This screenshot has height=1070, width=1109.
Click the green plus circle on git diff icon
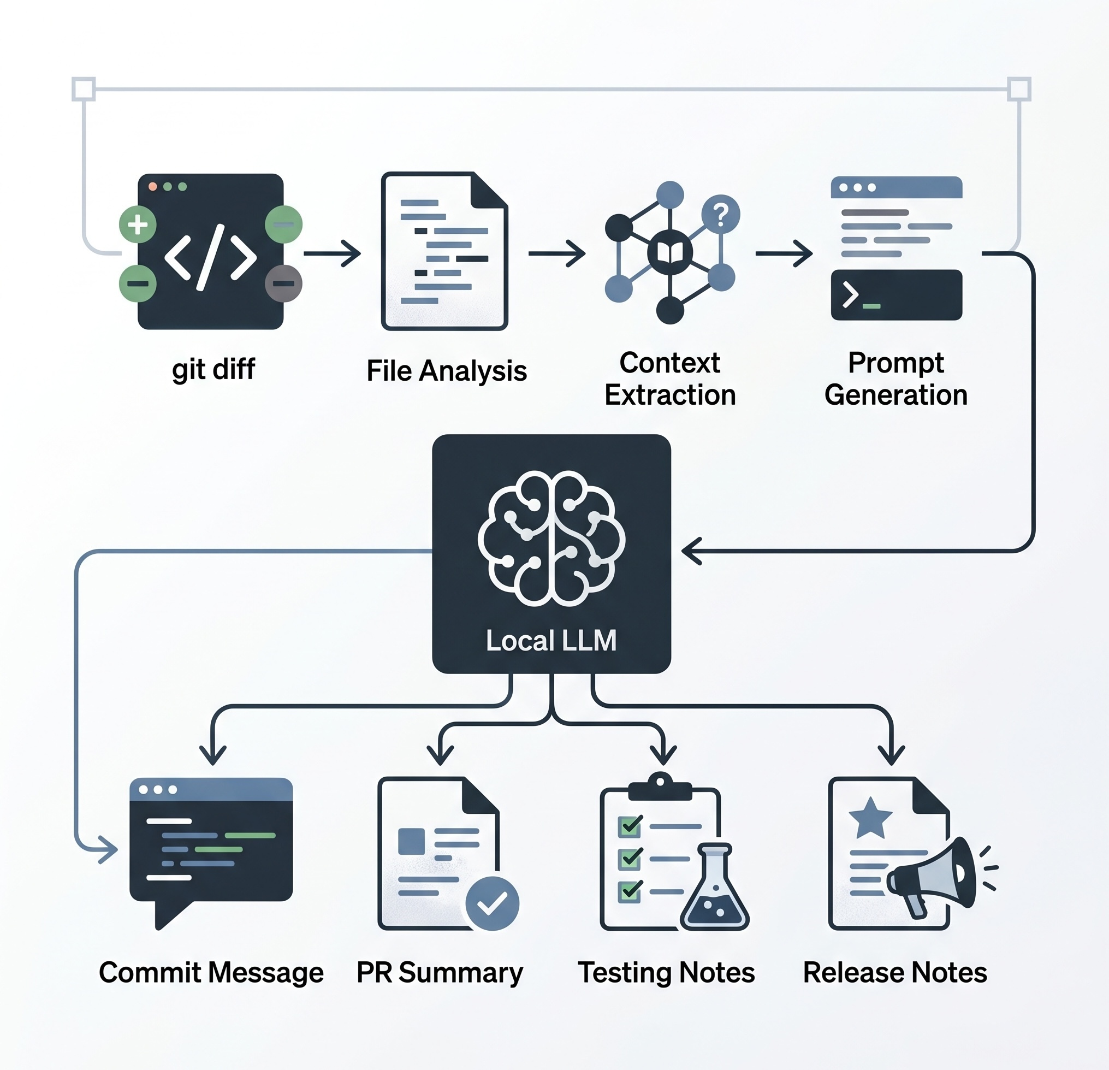[x=138, y=224]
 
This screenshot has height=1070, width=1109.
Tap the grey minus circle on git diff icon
[x=283, y=283]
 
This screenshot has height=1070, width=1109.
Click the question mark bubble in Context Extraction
[x=720, y=215]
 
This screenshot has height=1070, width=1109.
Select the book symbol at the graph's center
[x=670, y=252]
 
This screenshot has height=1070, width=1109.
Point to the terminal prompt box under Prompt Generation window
[x=896, y=295]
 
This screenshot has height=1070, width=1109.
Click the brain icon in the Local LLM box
[x=551, y=539]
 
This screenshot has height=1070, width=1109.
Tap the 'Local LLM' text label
[x=551, y=641]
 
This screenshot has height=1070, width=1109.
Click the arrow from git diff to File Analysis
[x=332, y=253]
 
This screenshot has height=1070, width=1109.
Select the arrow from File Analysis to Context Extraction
[x=557, y=253]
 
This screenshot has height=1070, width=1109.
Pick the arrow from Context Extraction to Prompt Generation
[x=784, y=253]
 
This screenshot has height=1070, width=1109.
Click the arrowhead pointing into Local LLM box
[x=691, y=551]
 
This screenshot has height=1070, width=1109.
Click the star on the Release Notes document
[x=871, y=818]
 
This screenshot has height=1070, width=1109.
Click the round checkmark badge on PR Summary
[x=491, y=903]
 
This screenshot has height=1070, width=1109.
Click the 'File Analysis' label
[x=447, y=371]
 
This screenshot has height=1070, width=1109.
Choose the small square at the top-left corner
[x=84, y=89]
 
